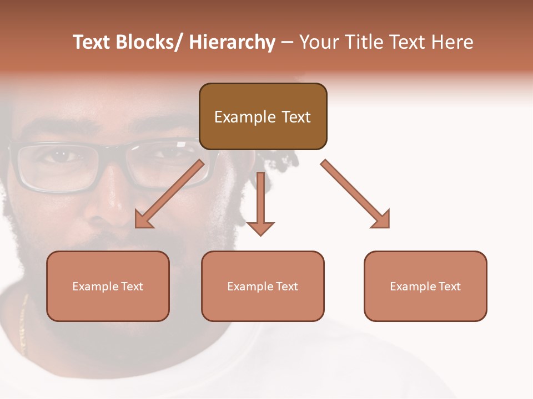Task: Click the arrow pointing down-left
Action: pyautogui.click(x=169, y=194)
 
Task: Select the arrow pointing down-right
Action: pyautogui.click(x=355, y=194)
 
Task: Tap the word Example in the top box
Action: pyautogui.click(x=245, y=117)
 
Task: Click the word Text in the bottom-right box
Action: pyautogui.click(x=450, y=287)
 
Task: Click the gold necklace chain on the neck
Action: pyautogui.click(x=23, y=327)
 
